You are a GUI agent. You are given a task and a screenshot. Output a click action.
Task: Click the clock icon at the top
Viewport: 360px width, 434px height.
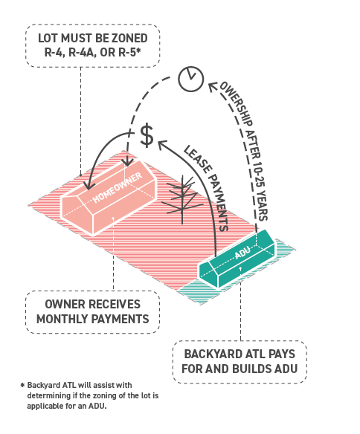[x=191, y=79]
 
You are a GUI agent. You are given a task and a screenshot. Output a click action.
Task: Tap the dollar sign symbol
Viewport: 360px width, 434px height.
[x=147, y=135]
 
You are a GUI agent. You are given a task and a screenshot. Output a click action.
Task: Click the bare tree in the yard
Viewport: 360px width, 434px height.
[x=182, y=200]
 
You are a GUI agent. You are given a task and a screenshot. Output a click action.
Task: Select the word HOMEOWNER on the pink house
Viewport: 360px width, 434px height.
[x=118, y=188]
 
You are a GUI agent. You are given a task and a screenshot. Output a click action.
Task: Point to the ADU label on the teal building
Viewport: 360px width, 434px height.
[x=243, y=252]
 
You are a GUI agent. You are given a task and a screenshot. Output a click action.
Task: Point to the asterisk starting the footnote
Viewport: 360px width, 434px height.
[x=23, y=385]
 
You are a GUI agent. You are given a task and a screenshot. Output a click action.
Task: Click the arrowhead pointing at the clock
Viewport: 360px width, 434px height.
[x=213, y=86]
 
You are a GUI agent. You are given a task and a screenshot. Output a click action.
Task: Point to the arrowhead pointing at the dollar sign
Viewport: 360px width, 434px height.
[x=163, y=145]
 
